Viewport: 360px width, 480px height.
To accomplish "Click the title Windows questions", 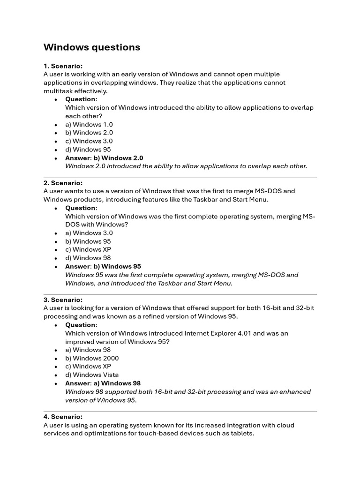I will (x=91, y=47).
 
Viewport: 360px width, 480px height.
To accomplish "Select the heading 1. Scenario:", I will (x=63, y=66).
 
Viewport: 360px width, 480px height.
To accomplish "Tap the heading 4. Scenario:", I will (x=63, y=417).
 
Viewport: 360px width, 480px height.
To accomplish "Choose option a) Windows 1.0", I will (x=89, y=125).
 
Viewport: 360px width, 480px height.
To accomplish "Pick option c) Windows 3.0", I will (x=89, y=141).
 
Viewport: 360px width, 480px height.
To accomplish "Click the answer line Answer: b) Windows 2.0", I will (x=104, y=158).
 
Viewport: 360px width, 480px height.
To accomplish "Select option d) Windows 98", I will (x=88, y=258).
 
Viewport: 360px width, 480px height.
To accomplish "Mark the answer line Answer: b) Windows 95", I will (x=103, y=266).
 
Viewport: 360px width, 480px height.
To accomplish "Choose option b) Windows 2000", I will (x=92, y=358).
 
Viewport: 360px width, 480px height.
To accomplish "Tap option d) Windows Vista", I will (x=92, y=375).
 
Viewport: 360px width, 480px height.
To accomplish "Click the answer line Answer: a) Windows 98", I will (x=103, y=383).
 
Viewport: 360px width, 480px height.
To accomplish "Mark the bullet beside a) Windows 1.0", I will (x=56, y=125).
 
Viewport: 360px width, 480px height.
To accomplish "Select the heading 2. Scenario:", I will (x=63, y=183).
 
